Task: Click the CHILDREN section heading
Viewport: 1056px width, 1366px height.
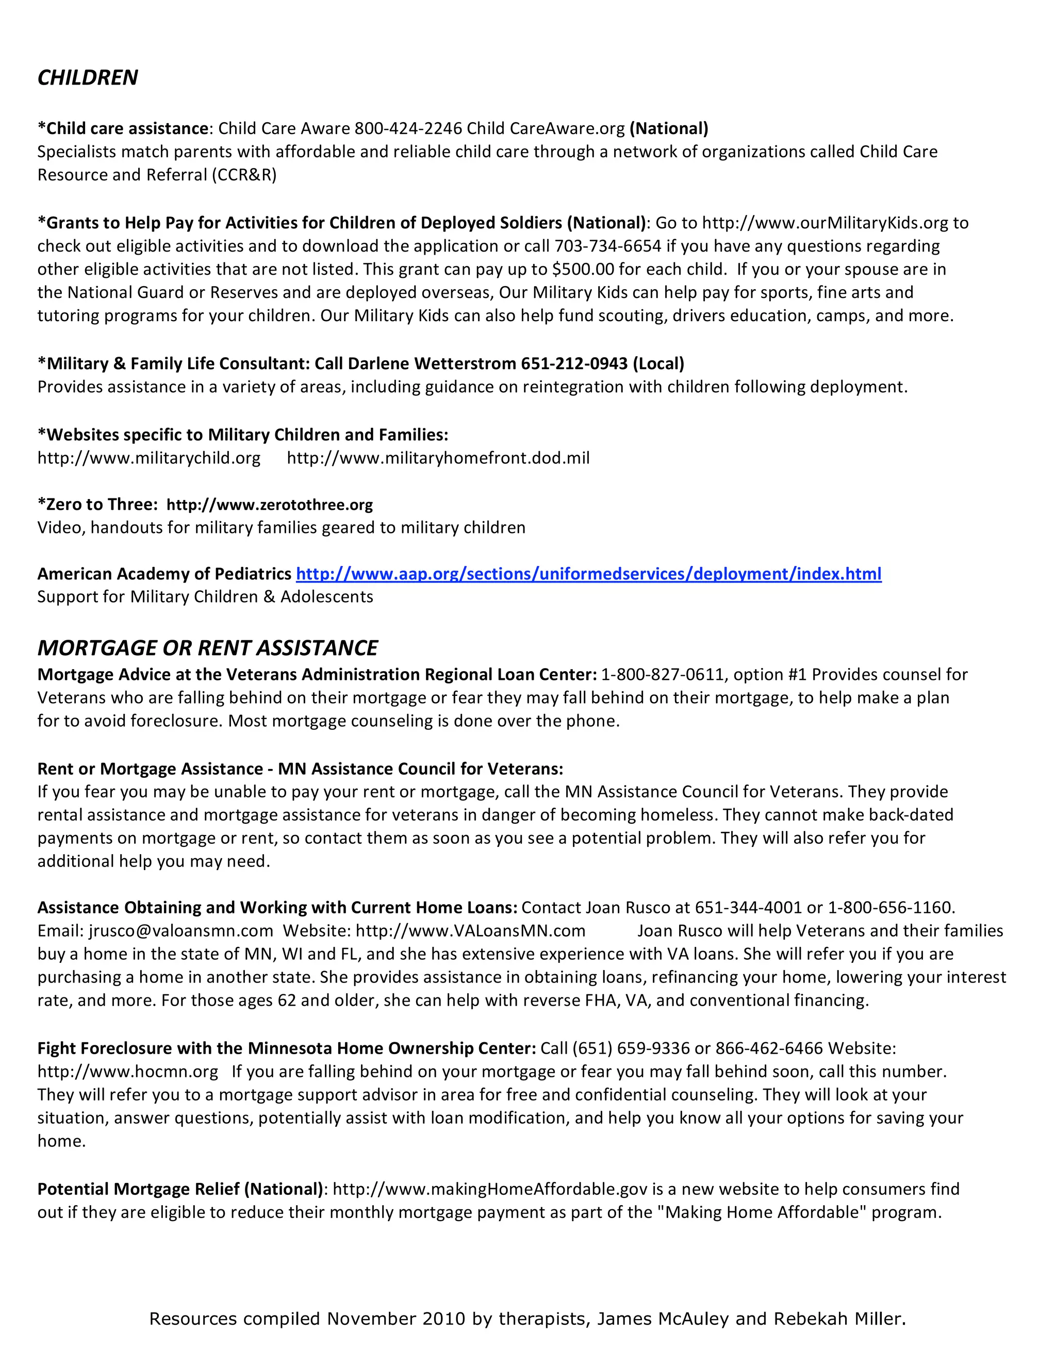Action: click(88, 77)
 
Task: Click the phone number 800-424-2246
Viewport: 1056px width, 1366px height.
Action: click(408, 128)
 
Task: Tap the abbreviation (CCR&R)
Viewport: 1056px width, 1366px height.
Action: click(244, 175)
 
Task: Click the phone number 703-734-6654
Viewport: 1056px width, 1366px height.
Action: click(607, 246)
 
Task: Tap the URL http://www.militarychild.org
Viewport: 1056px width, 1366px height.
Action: click(149, 458)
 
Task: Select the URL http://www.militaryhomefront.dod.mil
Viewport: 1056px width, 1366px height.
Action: click(438, 458)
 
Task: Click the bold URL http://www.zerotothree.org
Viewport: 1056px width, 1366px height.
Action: click(269, 505)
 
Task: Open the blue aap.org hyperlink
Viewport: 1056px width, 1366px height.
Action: click(588, 574)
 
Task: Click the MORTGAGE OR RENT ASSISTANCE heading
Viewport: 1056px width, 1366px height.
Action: click(207, 648)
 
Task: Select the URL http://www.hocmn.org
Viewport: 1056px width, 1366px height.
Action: click(128, 1072)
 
